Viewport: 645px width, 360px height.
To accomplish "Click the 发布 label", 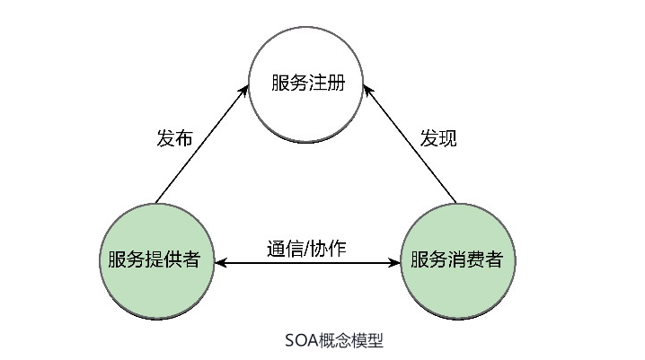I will point(174,139).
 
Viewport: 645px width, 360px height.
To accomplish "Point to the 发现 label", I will point(439,139).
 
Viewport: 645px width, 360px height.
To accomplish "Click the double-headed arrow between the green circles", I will point(308,263).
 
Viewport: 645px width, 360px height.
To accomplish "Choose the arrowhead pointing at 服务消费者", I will point(394,263).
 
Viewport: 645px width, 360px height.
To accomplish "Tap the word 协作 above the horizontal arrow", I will point(329,247).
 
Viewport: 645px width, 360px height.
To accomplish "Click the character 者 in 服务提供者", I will point(204,260).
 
